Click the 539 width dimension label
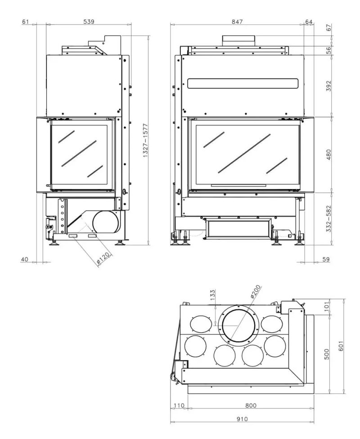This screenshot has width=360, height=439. [88, 22]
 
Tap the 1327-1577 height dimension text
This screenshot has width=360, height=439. [145, 140]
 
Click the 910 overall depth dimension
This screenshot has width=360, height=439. [242, 419]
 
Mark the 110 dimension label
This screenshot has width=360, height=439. [180, 405]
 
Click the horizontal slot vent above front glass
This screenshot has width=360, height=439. [243, 83]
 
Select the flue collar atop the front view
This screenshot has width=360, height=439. [238, 41]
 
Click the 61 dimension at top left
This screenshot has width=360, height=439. [25, 22]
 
